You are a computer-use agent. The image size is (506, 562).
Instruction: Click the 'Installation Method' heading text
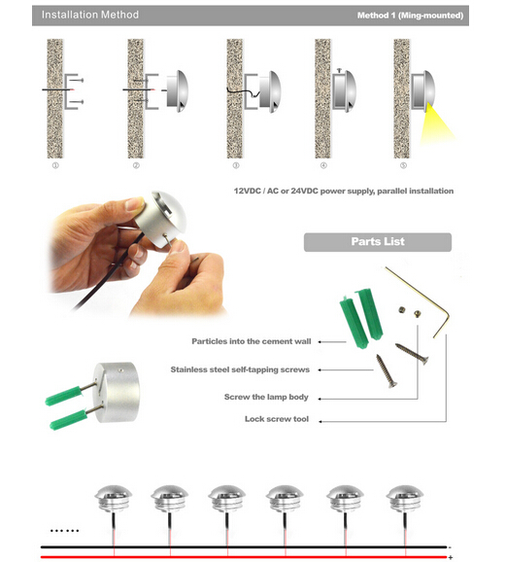(x=90, y=15)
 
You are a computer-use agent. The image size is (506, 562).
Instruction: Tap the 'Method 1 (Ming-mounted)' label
(x=410, y=16)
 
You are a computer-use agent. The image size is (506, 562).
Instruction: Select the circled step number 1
(x=55, y=165)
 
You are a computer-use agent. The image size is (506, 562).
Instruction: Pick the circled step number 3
(x=236, y=165)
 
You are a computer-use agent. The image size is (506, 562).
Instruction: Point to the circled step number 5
(x=403, y=165)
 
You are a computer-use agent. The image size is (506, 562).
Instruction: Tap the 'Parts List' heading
(x=378, y=241)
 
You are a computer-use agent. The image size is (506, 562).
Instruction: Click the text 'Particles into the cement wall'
(x=252, y=341)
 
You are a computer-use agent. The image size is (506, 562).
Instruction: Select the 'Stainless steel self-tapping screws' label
(x=240, y=369)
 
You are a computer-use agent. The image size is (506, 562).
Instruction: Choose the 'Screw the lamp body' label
(x=266, y=397)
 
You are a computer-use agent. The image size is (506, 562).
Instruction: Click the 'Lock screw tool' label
(x=277, y=419)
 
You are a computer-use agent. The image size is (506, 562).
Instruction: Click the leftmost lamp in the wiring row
(x=114, y=499)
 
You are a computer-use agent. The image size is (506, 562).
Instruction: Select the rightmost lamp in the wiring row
(x=405, y=499)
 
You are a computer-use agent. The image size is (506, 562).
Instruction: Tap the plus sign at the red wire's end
(x=451, y=557)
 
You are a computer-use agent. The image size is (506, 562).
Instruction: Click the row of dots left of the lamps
(x=64, y=531)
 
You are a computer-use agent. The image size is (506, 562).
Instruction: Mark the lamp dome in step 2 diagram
(x=178, y=91)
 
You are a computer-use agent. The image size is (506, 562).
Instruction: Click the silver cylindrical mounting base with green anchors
(x=117, y=392)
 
